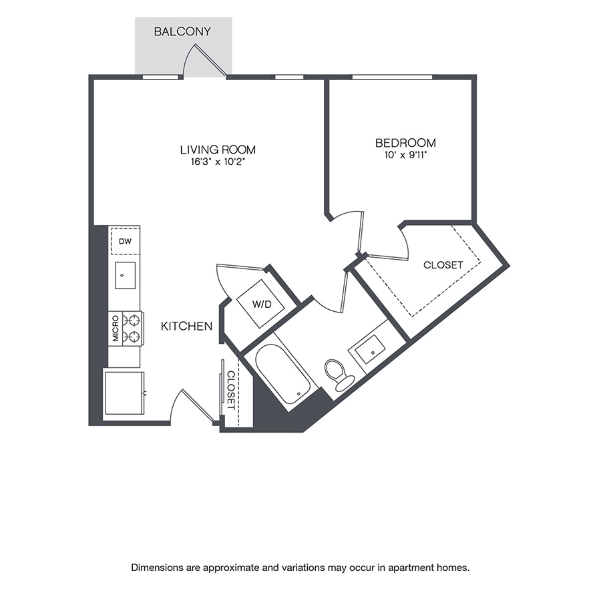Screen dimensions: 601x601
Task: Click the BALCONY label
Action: coord(182,31)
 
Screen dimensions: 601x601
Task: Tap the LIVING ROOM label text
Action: coord(218,150)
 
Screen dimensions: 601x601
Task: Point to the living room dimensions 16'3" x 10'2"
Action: coord(218,162)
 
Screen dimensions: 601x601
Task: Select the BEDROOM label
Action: coord(405,143)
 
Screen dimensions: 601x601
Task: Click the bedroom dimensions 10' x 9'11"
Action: coord(405,155)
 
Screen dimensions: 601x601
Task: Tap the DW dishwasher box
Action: coord(125,241)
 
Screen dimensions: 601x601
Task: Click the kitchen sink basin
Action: coord(125,275)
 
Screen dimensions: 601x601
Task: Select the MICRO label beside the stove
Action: coord(116,329)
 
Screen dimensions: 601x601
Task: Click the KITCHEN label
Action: coord(187,327)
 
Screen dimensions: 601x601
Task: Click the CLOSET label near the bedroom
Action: coord(443,265)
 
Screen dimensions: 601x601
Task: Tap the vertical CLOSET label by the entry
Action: coord(231,390)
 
